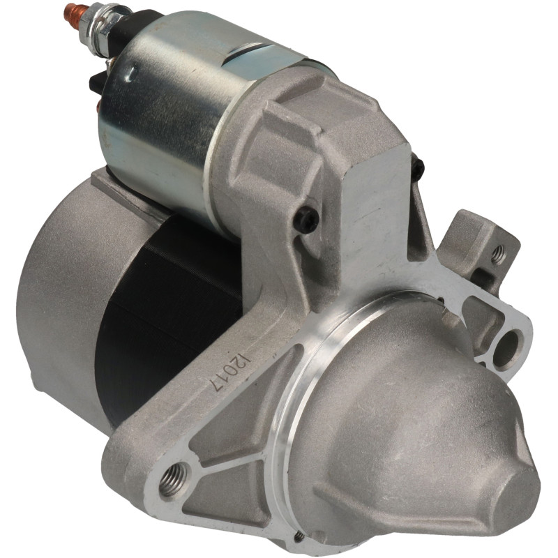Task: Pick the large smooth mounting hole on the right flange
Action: [507, 349]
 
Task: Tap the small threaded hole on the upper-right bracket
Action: [498, 253]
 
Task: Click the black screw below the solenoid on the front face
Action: [306, 220]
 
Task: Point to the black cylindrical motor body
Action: [167, 320]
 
